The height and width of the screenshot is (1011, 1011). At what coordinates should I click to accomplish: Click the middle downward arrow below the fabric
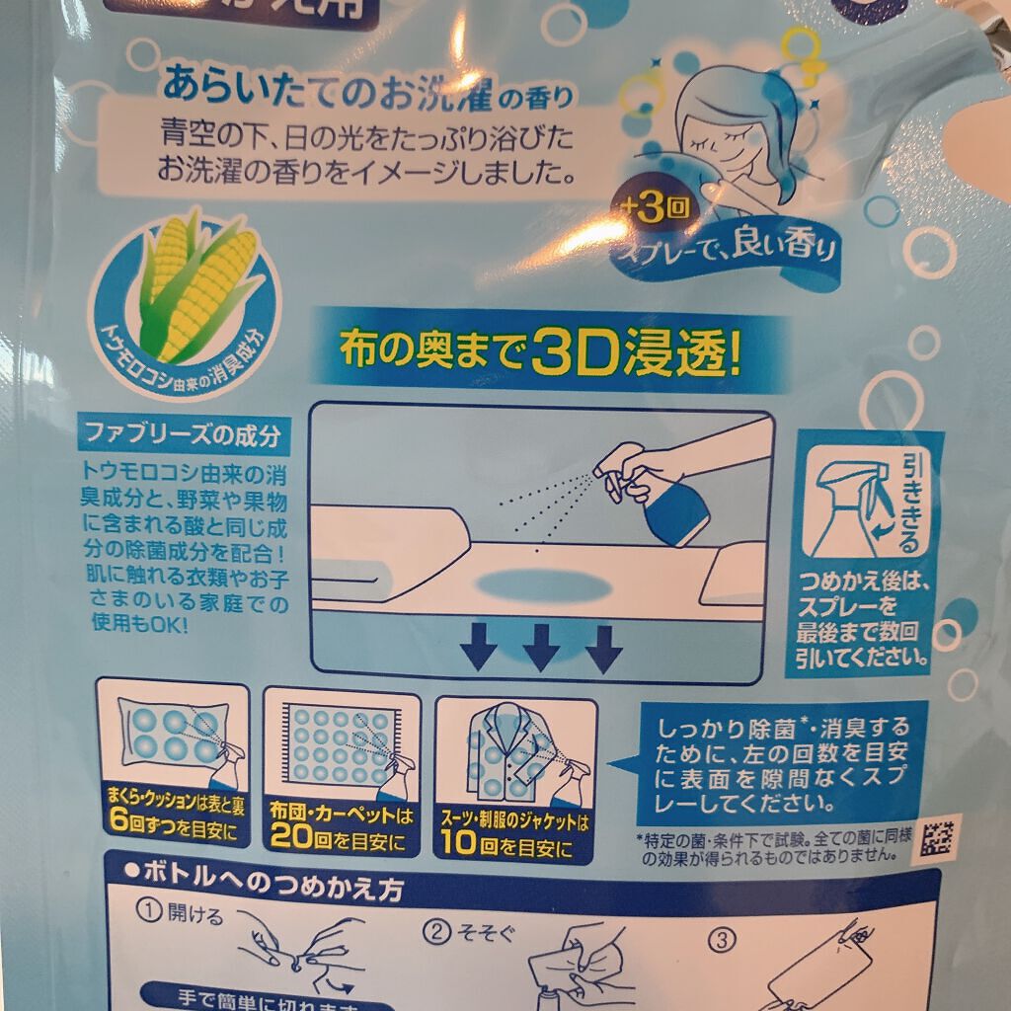click(541, 648)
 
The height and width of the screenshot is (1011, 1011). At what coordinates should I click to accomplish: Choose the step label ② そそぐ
click(459, 931)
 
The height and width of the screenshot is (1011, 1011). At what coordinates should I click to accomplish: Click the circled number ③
click(725, 939)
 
